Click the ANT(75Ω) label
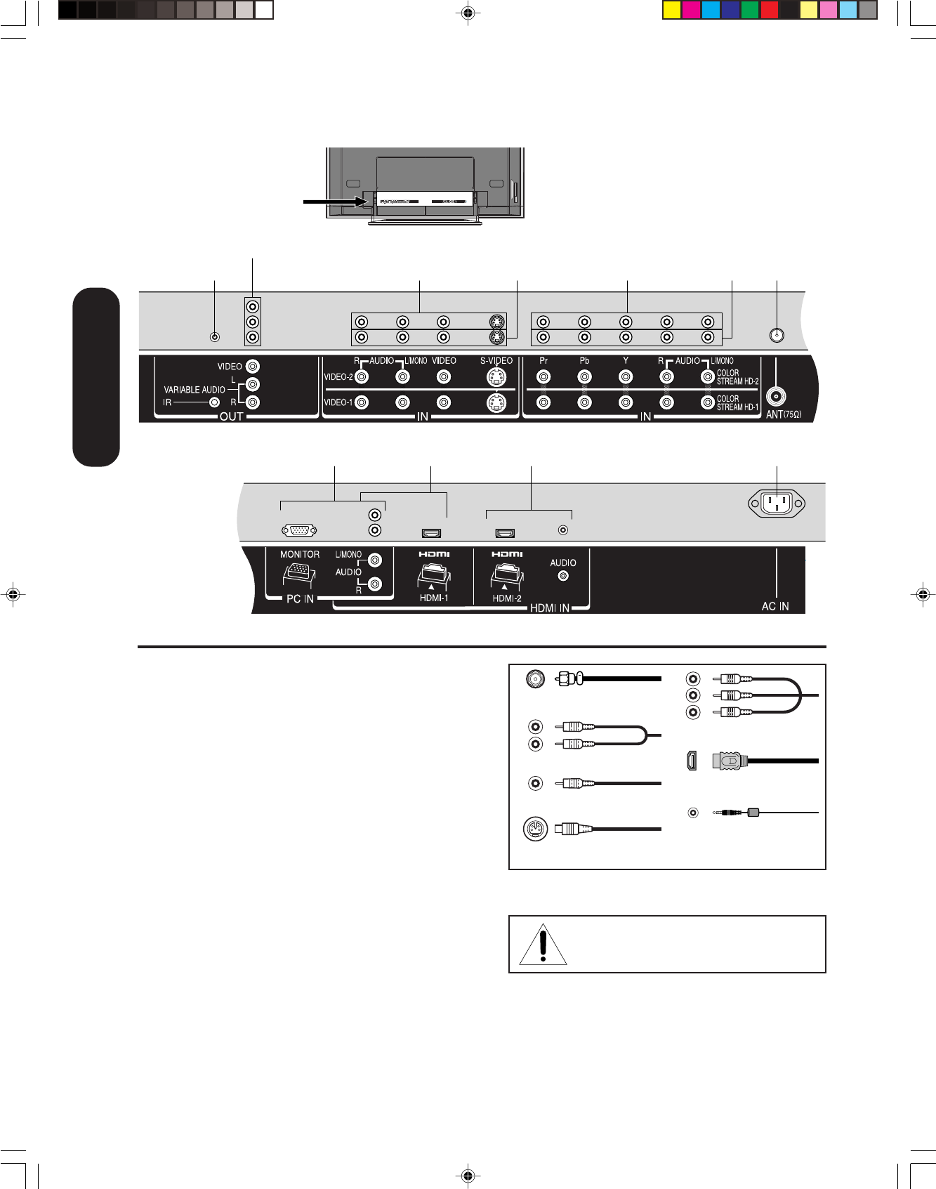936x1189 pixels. click(x=783, y=414)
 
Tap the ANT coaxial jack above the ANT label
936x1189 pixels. click(x=775, y=397)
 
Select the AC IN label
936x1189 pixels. click(x=775, y=606)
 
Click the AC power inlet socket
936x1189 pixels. click(x=777, y=503)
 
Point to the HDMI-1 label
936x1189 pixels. click(x=433, y=598)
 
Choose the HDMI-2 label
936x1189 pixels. click(x=506, y=598)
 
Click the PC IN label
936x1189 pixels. click(x=300, y=599)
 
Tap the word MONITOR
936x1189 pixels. click(x=300, y=554)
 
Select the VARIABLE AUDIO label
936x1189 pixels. click(x=195, y=390)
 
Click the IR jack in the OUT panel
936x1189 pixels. click(x=215, y=402)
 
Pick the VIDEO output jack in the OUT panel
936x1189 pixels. click(x=253, y=367)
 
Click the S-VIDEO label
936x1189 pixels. click(x=496, y=361)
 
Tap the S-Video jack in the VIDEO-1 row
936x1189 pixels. click(x=496, y=403)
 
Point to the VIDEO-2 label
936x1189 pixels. click(x=338, y=377)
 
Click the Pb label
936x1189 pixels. click(x=584, y=361)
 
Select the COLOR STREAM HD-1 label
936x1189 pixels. click(x=737, y=403)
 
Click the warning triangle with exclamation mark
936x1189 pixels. click(x=543, y=945)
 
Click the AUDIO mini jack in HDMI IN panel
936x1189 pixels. click(x=562, y=576)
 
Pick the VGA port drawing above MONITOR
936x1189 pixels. click(x=298, y=531)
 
